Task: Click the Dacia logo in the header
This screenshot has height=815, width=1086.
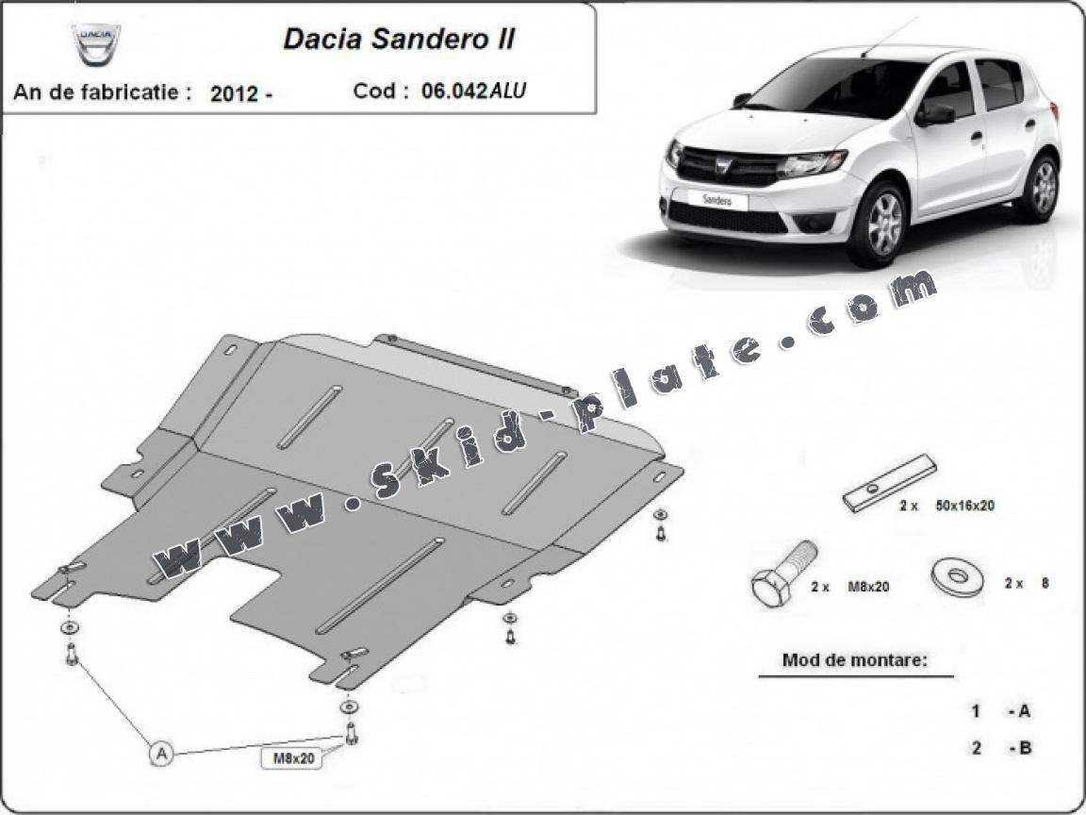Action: pos(96,44)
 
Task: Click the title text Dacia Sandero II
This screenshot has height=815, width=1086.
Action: pos(399,39)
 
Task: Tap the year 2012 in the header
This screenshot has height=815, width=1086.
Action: pos(234,92)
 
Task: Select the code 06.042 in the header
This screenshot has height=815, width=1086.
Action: pos(454,91)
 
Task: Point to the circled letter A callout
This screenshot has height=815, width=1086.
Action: pos(161,753)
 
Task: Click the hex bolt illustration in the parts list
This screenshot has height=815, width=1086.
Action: pos(782,574)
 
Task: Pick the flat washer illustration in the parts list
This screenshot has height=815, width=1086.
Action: pos(959,576)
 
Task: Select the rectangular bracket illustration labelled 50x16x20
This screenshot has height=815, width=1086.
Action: pos(889,483)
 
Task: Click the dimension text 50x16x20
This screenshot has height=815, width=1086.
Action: pos(964,506)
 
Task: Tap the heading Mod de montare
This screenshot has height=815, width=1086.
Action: pos(855,659)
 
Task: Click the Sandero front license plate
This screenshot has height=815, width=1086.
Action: pos(716,200)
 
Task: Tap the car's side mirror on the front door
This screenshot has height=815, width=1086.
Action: pos(934,114)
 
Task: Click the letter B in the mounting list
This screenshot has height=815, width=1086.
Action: pos(1025,748)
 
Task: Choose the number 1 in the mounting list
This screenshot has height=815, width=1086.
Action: pos(977,710)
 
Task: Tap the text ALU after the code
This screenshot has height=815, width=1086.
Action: pos(508,91)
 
